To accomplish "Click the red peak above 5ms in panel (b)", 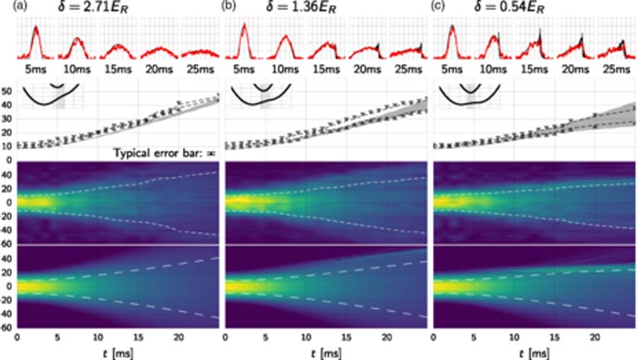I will coord(244,28).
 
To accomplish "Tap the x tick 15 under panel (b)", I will coord(347,338).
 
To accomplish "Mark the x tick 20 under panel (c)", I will coord(595,338).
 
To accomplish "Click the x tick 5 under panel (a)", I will coord(57,338).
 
